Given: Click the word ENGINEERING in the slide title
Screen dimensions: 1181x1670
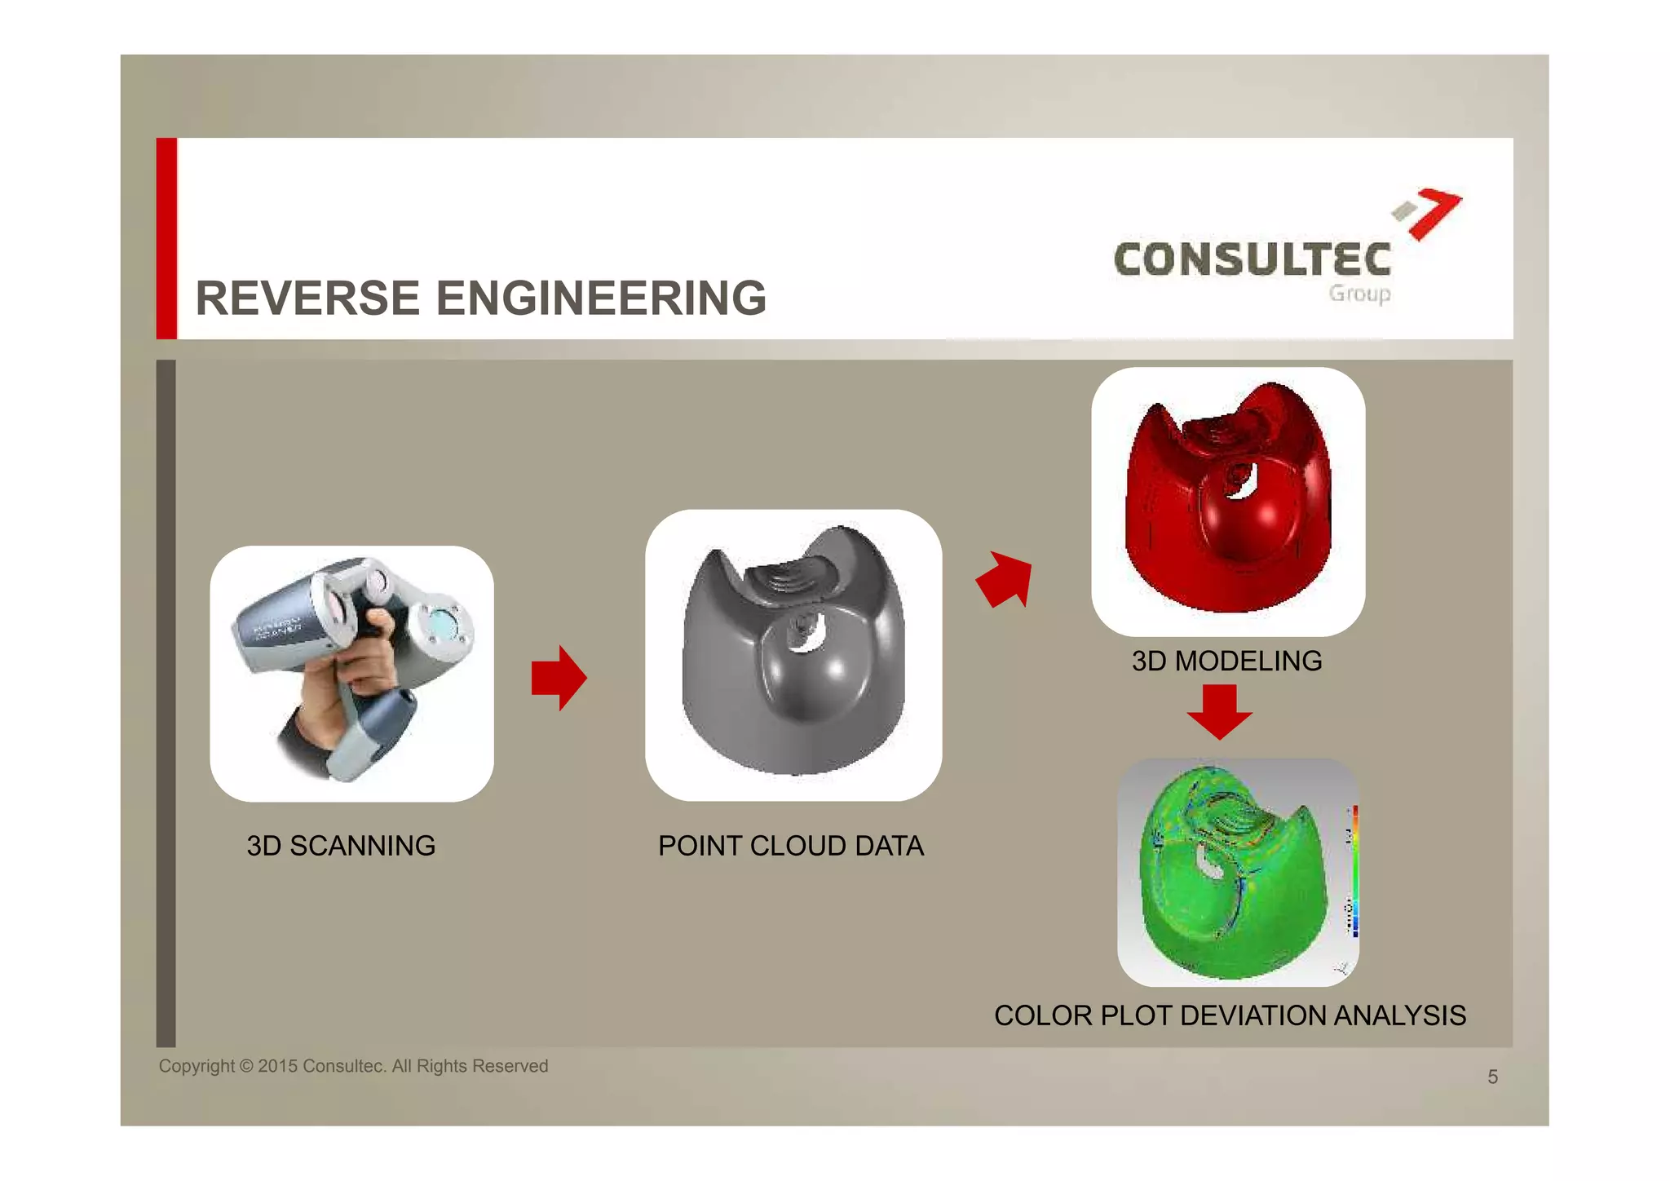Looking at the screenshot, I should click(x=602, y=298).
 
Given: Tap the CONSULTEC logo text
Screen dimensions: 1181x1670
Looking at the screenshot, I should click(x=1252, y=260).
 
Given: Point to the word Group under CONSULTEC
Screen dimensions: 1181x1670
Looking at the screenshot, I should click(x=1359, y=294).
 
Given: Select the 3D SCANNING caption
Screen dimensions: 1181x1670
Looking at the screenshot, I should click(x=341, y=846).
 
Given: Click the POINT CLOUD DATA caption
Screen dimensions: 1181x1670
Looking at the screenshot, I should click(x=791, y=846).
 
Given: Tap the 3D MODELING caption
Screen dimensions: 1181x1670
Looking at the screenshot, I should click(x=1226, y=661).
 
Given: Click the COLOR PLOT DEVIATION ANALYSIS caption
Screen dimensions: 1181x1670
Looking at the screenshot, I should click(x=1230, y=1015).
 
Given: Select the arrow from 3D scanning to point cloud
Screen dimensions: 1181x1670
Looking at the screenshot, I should click(x=559, y=678).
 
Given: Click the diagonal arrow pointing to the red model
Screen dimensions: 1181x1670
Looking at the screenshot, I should click(x=1006, y=579).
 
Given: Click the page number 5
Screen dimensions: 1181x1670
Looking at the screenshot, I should click(x=1492, y=1077).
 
